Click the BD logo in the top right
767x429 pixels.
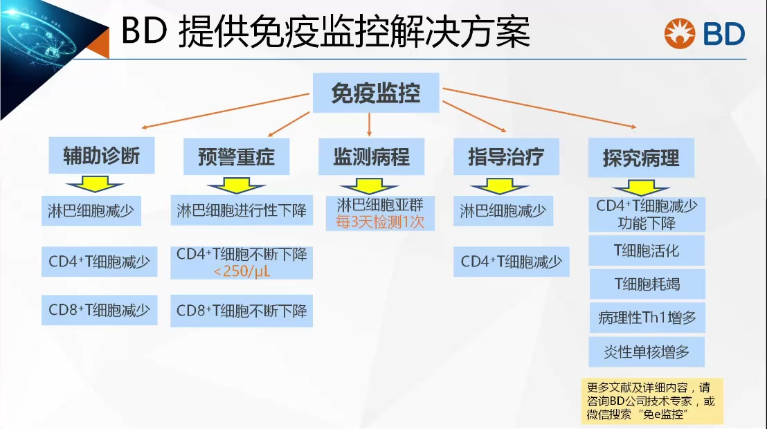coord(704,33)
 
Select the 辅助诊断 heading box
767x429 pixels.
coord(102,156)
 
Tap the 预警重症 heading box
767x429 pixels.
coord(235,157)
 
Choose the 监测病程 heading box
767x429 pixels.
coord(371,156)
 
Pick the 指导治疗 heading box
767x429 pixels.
coord(506,156)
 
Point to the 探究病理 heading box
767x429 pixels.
coord(640,158)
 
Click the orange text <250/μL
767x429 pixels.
coord(242,271)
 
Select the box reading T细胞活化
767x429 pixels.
coord(647,250)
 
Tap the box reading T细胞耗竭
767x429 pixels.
coord(647,284)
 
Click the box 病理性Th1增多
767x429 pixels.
coord(647,318)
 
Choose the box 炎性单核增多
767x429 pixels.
coord(647,352)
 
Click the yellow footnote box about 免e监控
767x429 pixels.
coord(651,401)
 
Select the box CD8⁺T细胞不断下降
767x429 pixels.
coord(242,311)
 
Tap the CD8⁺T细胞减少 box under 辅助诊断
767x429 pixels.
coord(99,309)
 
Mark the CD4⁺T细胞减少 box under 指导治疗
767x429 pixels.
coord(512,262)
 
